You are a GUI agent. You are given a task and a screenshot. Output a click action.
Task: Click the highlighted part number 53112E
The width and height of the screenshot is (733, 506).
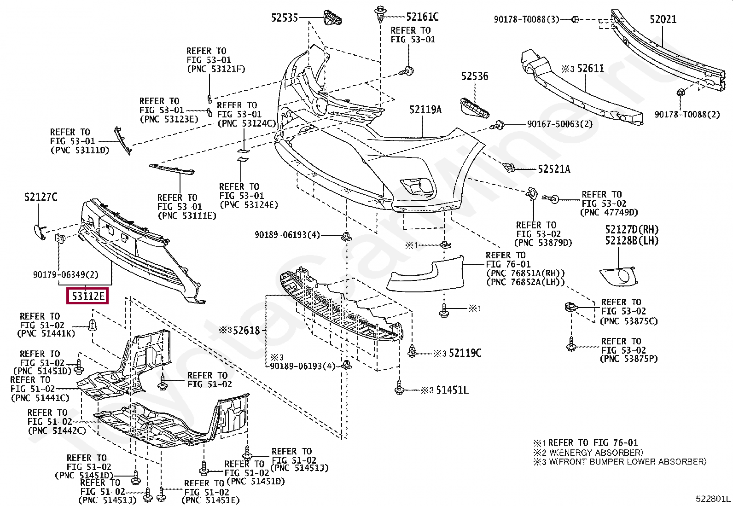point(87,296)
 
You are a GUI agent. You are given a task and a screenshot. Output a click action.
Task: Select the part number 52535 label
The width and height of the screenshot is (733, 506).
point(284,18)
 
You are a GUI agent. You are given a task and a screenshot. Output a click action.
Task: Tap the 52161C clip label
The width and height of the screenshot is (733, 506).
point(422,17)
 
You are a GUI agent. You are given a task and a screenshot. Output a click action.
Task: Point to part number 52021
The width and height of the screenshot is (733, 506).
point(663,19)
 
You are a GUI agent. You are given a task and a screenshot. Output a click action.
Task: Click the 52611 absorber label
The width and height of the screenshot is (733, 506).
point(590,69)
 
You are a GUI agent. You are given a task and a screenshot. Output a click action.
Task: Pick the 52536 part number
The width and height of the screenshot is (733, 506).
point(475,76)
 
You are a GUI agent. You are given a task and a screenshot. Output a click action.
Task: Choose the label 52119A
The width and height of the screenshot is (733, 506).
point(425,110)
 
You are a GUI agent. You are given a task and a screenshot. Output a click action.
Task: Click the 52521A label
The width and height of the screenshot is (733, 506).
point(554,169)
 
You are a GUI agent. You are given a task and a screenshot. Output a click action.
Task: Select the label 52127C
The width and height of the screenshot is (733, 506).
point(41,198)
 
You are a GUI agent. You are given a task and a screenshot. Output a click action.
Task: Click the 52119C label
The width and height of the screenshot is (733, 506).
point(465,353)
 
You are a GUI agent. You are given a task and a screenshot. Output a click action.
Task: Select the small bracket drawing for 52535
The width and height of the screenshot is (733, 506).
point(333,19)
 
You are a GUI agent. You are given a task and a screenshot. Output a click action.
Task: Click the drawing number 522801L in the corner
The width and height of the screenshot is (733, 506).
point(713,498)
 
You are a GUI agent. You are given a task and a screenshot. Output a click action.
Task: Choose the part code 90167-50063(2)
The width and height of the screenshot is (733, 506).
point(560,124)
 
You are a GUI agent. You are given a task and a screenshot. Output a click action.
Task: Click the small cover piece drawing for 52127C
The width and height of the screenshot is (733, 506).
point(39,229)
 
